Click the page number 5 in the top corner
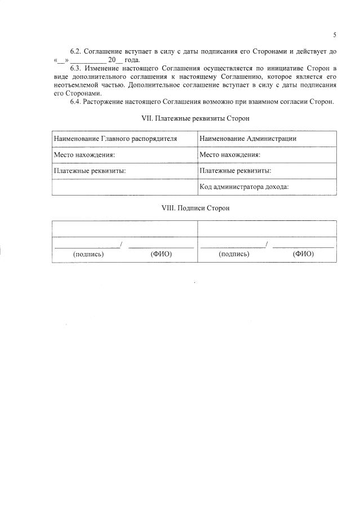tap(335, 35)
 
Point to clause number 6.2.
tap(75, 51)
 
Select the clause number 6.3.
tap(75, 68)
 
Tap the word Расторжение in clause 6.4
tap(103, 102)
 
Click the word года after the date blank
tap(132, 60)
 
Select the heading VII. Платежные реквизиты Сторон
tap(194, 119)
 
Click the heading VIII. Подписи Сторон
tap(195, 208)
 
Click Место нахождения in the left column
tap(84, 154)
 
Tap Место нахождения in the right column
tap(230, 154)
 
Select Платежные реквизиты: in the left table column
tap(89, 170)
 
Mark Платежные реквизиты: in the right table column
tap(235, 170)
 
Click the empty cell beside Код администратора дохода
tap(125, 187)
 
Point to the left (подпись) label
tap(88, 254)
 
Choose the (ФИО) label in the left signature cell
tap(161, 254)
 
